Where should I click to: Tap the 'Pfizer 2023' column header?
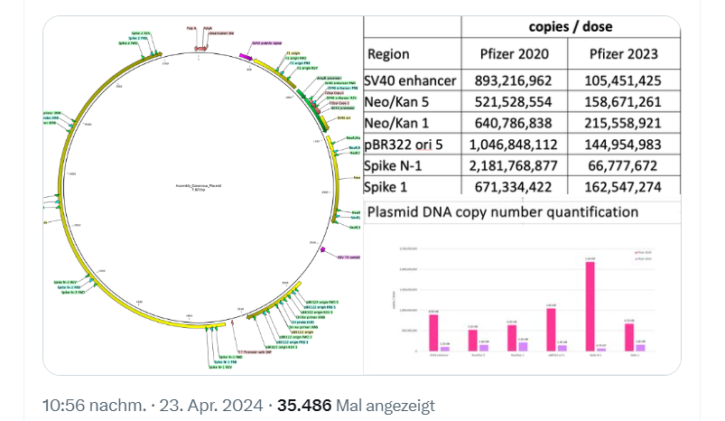click(x=624, y=54)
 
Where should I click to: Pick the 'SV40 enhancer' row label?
click(x=411, y=80)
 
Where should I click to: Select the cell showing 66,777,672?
click(x=624, y=166)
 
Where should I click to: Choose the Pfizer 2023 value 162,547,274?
click(x=624, y=188)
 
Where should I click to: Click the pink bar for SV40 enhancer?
click(x=434, y=332)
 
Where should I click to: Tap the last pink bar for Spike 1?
click(x=630, y=336)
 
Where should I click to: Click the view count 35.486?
click(x=307, y=406)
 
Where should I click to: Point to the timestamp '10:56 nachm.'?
click(x=93, y=406)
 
